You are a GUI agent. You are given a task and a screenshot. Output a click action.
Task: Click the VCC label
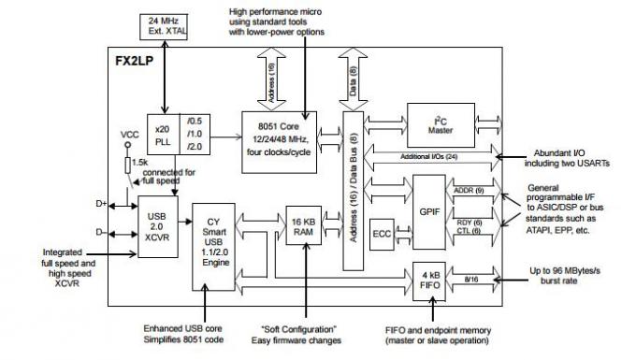point(129,137)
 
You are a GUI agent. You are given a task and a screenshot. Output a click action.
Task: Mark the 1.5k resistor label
point(139,164)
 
